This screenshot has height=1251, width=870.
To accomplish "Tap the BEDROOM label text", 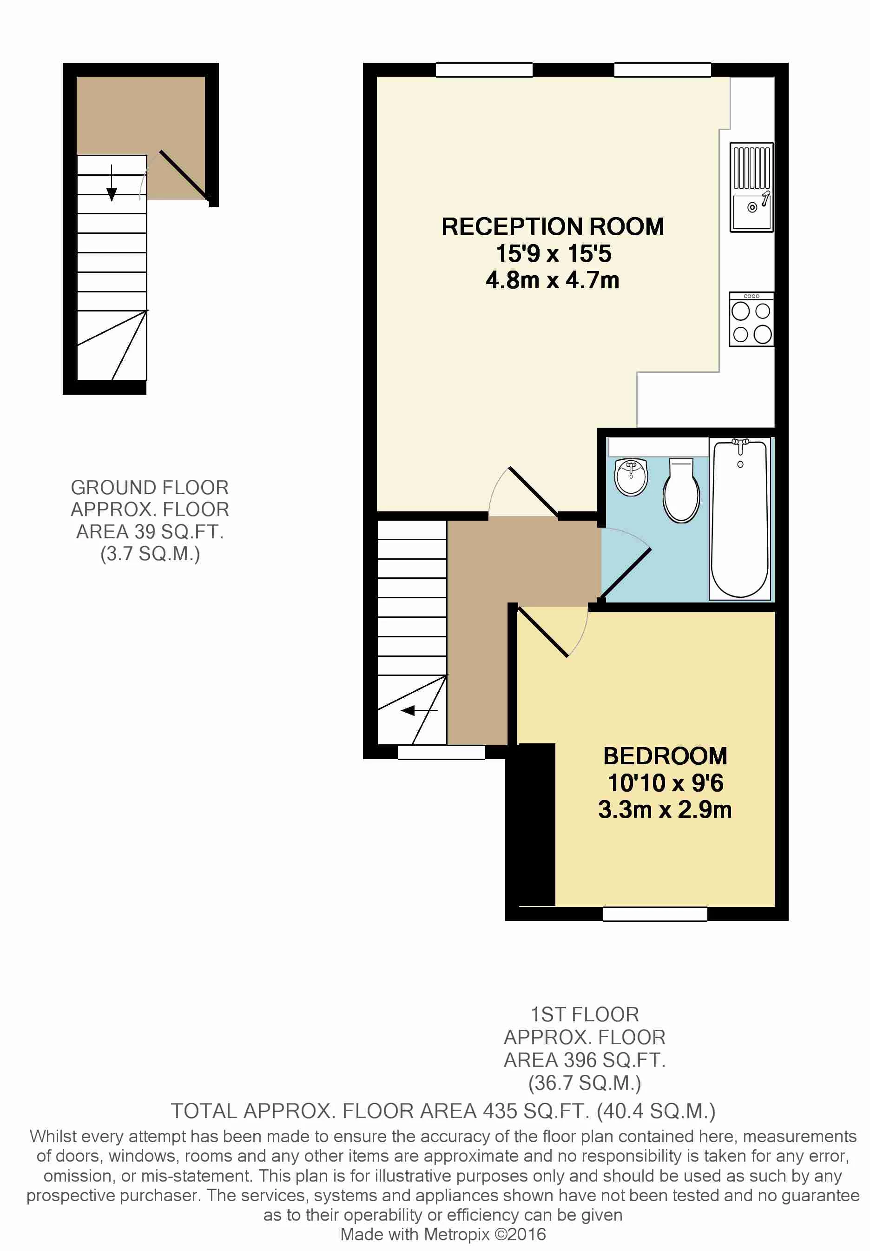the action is click(665, 756).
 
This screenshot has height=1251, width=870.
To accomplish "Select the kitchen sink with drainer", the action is click(751, 187).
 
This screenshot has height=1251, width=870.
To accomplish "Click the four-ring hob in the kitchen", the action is click(751, 319).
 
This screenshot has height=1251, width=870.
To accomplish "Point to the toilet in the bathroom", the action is click(681, 490).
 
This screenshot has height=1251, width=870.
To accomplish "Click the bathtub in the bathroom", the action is click(740, 519).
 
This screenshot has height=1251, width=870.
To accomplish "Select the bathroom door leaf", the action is click(626, 573).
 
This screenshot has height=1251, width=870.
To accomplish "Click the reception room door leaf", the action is click(534, 491).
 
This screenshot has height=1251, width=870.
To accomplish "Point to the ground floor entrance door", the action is click(184, 175).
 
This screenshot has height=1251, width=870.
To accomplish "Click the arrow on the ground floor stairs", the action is click(112, 183).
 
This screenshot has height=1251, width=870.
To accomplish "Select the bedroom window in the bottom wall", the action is click(655, 914).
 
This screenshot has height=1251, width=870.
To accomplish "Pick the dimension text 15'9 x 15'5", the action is click(554, 253).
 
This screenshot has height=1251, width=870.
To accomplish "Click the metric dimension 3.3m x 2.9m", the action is click(665, 809).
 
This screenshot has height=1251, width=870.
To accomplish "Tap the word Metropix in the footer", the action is click(456, 1234).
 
